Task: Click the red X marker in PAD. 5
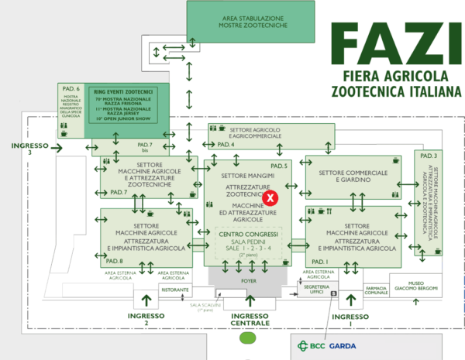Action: tap(270, 197)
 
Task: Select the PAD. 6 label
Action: tap(66, 89)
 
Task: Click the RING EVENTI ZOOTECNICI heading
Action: tap(124, 91)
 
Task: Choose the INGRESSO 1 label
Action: tap(354, 319)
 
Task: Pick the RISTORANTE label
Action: tap(175, 290)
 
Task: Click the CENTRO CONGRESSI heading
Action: tap(247, 234)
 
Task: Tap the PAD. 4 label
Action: tap(226, 145)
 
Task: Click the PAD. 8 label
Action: tap(115, 262)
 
